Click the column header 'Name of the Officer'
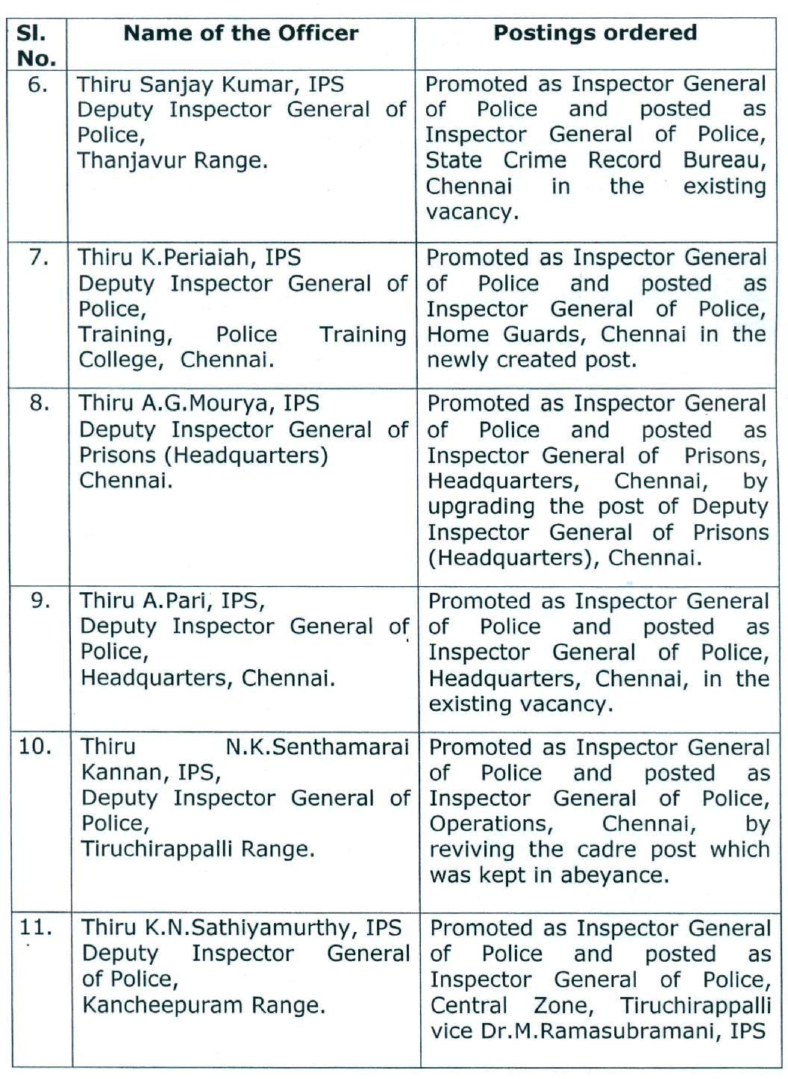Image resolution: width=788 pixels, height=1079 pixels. [240, 34]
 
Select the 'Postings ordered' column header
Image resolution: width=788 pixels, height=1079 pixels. [595, 34]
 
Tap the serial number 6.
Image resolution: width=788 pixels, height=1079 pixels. [37, 84]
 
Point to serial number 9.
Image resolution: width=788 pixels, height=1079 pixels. [40, 600]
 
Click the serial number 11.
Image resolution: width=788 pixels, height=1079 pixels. [36, 927]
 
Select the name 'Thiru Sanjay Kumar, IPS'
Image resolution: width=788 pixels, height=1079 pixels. [210, 84]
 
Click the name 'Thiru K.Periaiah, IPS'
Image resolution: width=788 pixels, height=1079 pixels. [190, 258]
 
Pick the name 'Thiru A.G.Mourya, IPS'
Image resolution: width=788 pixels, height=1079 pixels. [199, 403]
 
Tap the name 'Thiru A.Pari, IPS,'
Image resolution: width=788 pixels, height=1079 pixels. [172, 600]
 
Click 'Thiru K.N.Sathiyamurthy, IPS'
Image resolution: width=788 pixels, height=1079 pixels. [242, 927]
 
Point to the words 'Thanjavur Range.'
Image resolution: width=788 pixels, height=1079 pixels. [172, 161]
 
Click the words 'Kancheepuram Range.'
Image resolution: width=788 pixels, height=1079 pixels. [204, 1005]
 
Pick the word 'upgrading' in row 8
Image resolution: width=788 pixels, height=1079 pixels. [481, 507]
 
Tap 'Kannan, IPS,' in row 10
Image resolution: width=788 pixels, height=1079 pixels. [151, 772]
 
